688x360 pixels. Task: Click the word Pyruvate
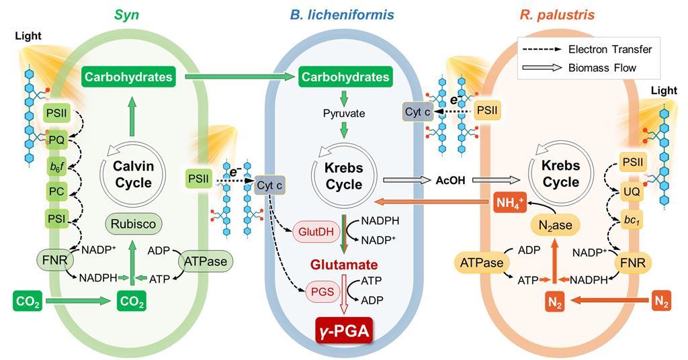[x=343, y=114]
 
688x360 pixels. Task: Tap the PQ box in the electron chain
[x=56, y=140]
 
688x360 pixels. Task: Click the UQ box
[x=632, y=192]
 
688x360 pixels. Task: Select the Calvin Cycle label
[x=133, y=174]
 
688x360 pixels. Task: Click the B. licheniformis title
[x=342, y=14]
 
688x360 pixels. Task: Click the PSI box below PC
[x=56, y=218]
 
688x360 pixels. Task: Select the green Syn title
[x=128, y=14]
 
